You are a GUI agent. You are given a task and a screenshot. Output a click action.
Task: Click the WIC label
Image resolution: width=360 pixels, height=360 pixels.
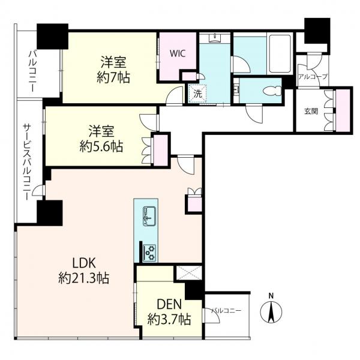point(178,53)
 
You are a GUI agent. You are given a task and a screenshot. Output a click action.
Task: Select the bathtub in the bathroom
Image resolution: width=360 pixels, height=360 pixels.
point(280,53)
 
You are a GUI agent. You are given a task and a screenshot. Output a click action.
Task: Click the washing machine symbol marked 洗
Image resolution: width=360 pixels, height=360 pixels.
point(197,94)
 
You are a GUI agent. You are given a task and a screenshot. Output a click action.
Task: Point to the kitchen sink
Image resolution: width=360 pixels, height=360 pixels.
point(149,216)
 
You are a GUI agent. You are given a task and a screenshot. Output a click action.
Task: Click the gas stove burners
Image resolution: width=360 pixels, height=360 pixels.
point(149,253)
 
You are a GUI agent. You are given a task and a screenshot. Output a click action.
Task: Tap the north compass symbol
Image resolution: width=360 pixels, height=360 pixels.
point(271,310)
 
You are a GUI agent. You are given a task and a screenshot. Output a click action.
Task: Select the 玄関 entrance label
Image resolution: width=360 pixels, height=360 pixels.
point(311,111)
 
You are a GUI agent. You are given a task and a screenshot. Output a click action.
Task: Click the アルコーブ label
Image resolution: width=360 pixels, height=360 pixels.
point(313,77)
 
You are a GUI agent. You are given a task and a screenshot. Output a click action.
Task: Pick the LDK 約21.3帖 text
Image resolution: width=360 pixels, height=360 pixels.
point(84,271)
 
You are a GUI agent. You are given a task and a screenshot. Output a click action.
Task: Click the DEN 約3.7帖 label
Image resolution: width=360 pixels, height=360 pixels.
point(169,312)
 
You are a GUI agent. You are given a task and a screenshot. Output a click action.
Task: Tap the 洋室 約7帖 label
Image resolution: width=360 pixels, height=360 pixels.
point(113,70)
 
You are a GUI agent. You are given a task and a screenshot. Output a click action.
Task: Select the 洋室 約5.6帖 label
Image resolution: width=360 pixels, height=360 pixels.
point(101,139)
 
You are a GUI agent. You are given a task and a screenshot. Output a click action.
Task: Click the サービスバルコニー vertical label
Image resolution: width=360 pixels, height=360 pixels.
point(26,161)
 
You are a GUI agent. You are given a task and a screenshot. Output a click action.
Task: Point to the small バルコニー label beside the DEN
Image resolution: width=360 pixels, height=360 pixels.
point(226,311)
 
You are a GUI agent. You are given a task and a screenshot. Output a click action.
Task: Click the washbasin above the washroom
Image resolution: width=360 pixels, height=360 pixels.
point(215,38)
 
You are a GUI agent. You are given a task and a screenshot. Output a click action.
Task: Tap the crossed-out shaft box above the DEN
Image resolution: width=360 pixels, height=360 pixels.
point(189,273)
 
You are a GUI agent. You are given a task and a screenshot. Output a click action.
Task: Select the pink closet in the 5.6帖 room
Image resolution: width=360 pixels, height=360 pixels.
point(161,151)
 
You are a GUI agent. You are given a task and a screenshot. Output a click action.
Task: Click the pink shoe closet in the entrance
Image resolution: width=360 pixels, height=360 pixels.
point(343,110)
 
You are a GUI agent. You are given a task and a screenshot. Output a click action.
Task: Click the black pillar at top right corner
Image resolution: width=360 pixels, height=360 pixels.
point(317,31)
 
